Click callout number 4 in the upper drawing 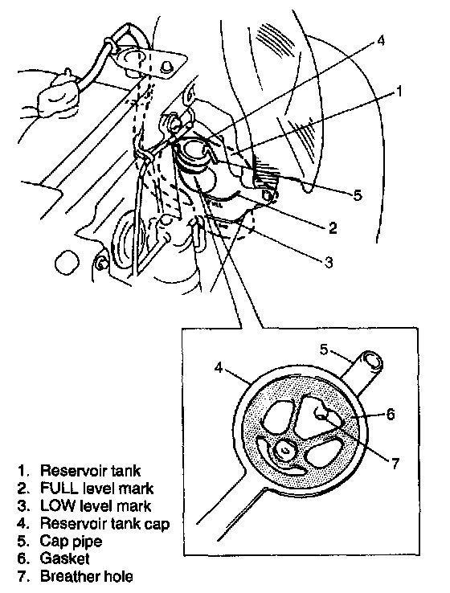tap(380, 40)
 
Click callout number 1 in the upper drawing tap(399, 92)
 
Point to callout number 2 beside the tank tap(333, 227)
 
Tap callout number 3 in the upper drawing tap(329, 262)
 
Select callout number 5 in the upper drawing tap(358, 195)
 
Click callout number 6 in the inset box tap(391, 414)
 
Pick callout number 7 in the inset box tap(395, 464)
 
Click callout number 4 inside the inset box tap(219, 367)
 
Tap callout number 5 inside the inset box tap(323, 350)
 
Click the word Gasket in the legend tap(64, 558)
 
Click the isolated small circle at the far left tap(67, 261)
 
